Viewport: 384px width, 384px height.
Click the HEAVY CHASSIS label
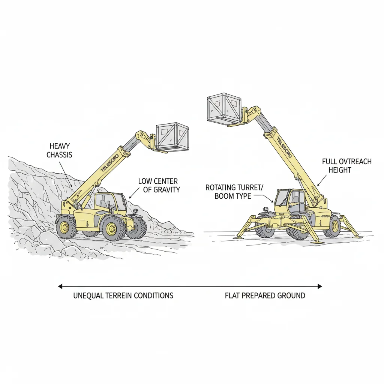click(59, 150)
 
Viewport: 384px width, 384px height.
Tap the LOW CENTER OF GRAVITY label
click(159, 185)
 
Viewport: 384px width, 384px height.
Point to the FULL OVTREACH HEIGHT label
click(346, 166)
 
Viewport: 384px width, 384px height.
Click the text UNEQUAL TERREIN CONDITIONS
click(123, 295)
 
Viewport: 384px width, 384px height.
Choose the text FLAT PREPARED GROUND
click(265, 295)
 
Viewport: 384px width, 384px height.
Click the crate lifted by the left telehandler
click(172, 137)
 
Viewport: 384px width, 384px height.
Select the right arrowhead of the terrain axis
click(319, 286)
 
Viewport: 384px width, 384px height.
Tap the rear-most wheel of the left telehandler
click(66, 226)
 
